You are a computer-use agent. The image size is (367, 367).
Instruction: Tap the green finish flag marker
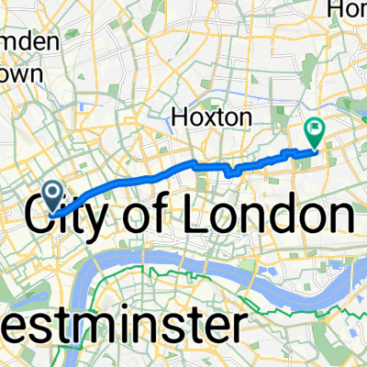(x=315, y=133)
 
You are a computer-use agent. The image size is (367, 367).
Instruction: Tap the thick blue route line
(x=138, y=179)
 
